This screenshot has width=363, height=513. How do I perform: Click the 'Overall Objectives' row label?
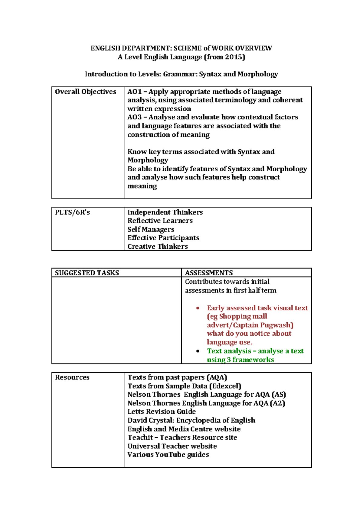click(x=85, y=92)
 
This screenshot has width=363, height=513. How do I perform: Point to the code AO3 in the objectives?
click(x=134, y=117)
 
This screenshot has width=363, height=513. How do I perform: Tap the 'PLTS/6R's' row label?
click(x=72, y=212)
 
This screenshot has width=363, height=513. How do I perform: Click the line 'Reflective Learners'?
click(x=160, y=221)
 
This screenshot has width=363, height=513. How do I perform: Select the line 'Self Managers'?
click(x=151, y=230)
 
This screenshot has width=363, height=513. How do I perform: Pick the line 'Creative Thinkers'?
click(x=157, y=247)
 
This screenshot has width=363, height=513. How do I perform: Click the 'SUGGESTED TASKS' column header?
click(x=87, y=273)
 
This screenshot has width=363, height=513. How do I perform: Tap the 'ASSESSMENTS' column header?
click(x=209, y=273)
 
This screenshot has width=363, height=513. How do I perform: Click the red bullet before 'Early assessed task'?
click(x=198, y=308)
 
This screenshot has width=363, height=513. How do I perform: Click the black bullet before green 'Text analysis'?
click(x=198, y=351)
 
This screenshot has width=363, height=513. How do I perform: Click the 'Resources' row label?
click(x=72, y=377)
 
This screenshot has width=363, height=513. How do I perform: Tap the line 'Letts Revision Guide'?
click(x=162, y=411)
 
